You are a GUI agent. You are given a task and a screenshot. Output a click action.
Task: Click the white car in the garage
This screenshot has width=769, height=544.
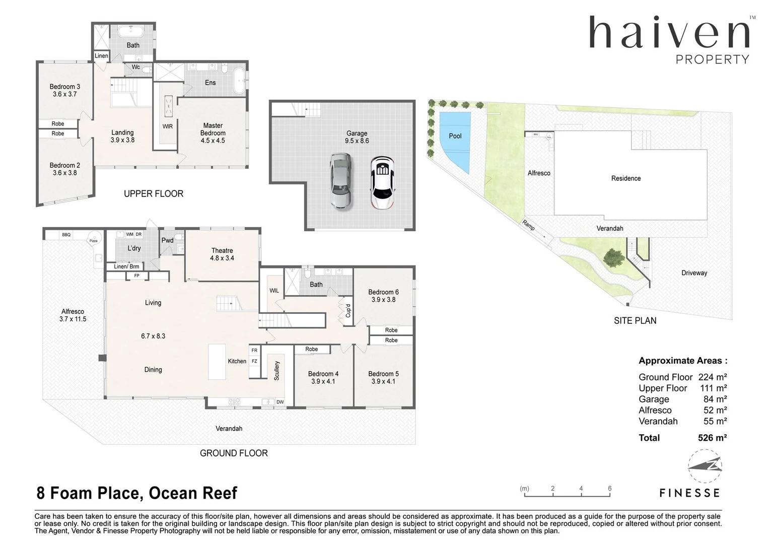tap(382, 182)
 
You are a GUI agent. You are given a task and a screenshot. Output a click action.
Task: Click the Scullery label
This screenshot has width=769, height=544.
tap(276, 370)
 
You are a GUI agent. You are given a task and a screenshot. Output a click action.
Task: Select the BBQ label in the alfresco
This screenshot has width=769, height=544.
tap(66, 235)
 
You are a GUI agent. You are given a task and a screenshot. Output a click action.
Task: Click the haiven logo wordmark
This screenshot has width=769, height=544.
tap(669, 33)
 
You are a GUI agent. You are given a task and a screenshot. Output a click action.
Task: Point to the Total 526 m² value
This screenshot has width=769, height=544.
tap(712, 438)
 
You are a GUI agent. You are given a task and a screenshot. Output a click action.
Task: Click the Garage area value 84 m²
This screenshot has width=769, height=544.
tap(715, 399)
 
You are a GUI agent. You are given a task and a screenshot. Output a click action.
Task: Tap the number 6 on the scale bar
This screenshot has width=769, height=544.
tap(609, 488)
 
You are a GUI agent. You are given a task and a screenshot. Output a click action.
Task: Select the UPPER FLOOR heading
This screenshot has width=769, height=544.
tap(154, 193)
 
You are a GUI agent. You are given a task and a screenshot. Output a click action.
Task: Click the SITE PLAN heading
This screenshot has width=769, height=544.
tap(635, 320)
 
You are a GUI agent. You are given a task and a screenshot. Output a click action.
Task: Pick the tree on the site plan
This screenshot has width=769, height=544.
tap(613, 258)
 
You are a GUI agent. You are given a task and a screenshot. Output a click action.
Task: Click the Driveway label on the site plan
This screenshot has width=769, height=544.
tap(694, 273)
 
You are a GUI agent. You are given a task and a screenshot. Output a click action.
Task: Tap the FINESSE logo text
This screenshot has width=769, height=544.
tap(689, 493)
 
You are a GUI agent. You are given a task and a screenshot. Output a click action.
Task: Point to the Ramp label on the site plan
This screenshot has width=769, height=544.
tap(528, 225)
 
